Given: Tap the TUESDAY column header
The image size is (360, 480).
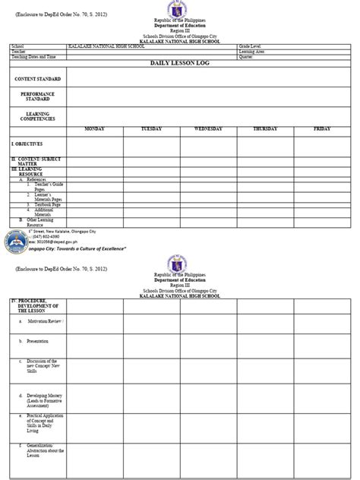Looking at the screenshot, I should (x=151, y=130).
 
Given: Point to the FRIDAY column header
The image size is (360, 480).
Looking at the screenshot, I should (x=322, y=130).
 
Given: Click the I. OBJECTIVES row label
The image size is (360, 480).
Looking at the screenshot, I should (x=27, y=143).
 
